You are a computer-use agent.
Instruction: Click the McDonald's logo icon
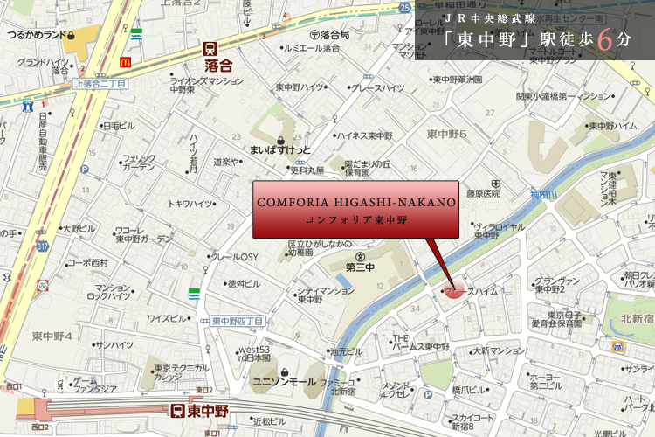(123, 62)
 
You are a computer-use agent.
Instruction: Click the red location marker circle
(453, 290)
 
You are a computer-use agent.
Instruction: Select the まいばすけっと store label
(280, 151)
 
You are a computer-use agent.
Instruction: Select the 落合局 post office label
(334, 34)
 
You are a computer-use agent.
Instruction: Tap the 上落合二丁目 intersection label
(99, 83)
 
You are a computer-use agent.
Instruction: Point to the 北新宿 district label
(633, 307)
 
